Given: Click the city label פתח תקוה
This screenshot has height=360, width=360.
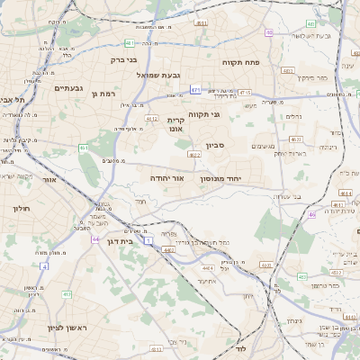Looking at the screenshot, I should point(242,61).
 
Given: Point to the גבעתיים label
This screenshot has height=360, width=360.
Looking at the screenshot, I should point(68,88).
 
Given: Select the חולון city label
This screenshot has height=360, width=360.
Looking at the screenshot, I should point(22,208).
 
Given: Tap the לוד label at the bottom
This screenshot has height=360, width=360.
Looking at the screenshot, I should point(240,346).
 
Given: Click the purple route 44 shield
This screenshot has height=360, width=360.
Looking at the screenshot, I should point(95,239).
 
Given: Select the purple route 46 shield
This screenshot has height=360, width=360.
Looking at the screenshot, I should point(311,214).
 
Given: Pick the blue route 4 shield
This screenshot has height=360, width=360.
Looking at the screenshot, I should point(44,266).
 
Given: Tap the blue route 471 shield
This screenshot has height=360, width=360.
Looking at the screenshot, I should point(195,90).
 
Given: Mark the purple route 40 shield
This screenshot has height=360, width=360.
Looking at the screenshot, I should point(269,33).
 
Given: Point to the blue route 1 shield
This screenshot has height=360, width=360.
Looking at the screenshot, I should point(148,232).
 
